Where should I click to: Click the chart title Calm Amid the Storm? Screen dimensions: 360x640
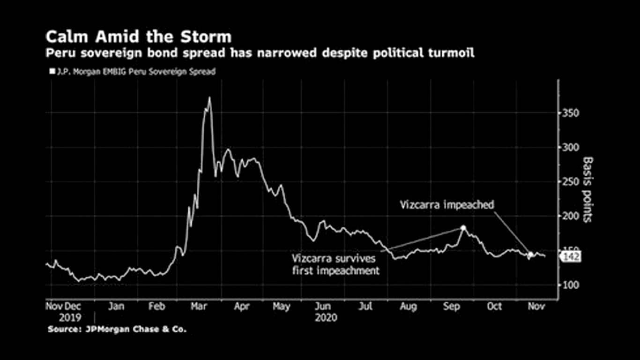click(138, 37)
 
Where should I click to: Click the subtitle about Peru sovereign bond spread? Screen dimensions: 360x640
click(260, 53)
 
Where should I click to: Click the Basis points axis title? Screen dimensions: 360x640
click(587, 190)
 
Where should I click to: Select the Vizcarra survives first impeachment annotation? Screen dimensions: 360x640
click(335, 264)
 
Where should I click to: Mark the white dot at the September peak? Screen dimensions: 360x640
click(463, 228)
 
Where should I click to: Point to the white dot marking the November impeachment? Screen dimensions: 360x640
click(530, 255)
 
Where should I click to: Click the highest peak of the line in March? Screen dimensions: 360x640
click(209, 98)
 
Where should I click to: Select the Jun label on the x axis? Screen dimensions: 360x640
click(323, 307)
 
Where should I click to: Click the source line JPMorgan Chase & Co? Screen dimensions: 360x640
click(117, 330)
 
